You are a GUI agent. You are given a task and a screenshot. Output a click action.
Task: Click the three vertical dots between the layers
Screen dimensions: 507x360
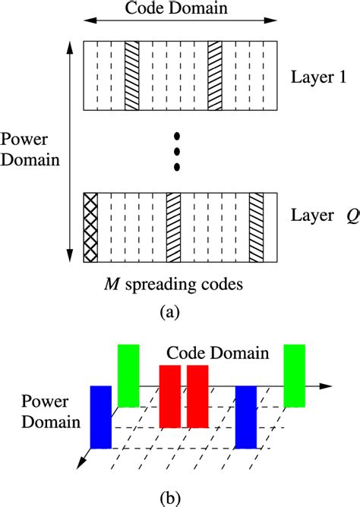click(x=177, y=151)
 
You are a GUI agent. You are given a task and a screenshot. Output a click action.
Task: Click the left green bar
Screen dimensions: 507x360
click(x=128, y=376)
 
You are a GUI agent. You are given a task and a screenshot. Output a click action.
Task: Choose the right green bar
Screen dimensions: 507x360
click(x=295, y=376)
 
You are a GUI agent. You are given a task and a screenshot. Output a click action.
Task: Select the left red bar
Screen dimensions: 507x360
click(x=170, y=395)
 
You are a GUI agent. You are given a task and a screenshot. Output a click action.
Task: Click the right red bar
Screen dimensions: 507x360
click(x=197, y=395)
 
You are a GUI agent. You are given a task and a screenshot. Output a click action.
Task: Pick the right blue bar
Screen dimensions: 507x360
click(x=246, y=417)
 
